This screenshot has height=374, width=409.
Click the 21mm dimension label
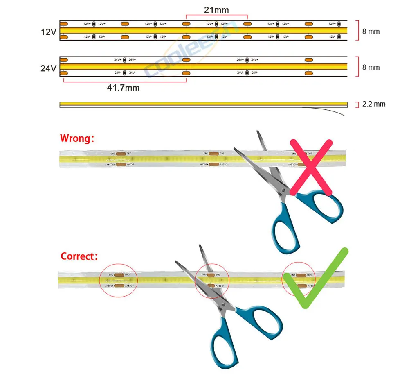click(x=216, y=9)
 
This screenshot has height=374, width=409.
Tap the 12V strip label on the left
click(x=49, y=32)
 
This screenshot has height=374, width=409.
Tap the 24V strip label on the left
click(x=48, y=68)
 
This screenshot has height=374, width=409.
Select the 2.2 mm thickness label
click(x=373, y=104)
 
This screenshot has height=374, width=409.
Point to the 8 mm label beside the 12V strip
click(x=371, y=32)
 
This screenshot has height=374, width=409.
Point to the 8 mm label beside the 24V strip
click(x=371, y=67)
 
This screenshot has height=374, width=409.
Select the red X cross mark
click(x=311, y=167)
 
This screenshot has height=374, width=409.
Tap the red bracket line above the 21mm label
click(x=216, y=16)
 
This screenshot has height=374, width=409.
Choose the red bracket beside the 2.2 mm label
click(x=357, y=104)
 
